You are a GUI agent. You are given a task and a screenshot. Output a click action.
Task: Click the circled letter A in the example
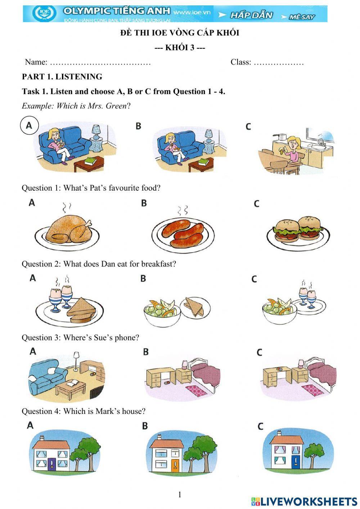coord(29,125)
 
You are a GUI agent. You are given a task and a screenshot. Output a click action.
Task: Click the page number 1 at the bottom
coord(180,495)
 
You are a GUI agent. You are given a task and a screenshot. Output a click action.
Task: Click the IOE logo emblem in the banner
coord(44,13)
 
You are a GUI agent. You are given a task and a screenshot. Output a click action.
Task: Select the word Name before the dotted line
coord(36,62)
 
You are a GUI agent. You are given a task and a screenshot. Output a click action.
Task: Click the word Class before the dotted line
coord(241,62)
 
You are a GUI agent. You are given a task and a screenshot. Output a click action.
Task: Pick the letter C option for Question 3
coord(259,352)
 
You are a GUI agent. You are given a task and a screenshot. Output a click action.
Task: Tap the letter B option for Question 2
coord(143,278)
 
